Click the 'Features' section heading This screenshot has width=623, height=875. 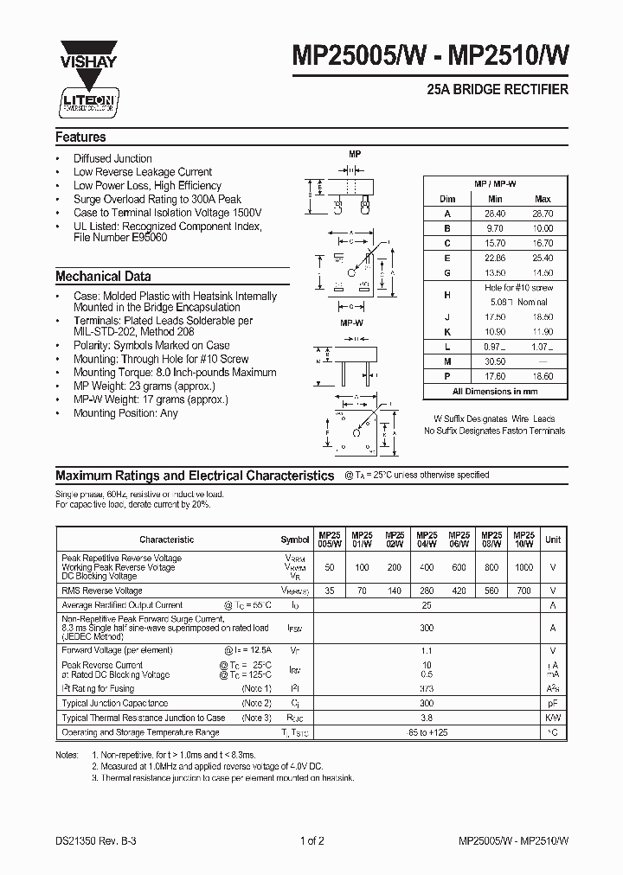pyautogui.click(x=80, y=137)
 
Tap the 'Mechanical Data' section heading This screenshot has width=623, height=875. pyautogui.click(x=103, y=277)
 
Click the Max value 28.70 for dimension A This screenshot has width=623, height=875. pyautogui.click(x=543, y=213)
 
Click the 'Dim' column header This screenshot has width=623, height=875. pyautogui.click(x=447, y=198)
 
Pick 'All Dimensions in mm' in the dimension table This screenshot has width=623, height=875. pyautogui.click(x=495, y=392)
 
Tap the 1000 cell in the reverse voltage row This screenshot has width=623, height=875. pyautogui.click(x=523, y=567)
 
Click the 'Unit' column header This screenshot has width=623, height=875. pyautogui.click(x=553, y=539)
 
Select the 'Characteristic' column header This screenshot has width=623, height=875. pyautogui.click(x=167, y=540)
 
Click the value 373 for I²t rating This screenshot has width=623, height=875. pyautogui.click(x=426, y=688)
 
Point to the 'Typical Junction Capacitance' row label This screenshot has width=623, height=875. pyautogui.click(x=114, y=703)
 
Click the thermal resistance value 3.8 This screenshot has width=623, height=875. pyautogui.click(x=426, y=718)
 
